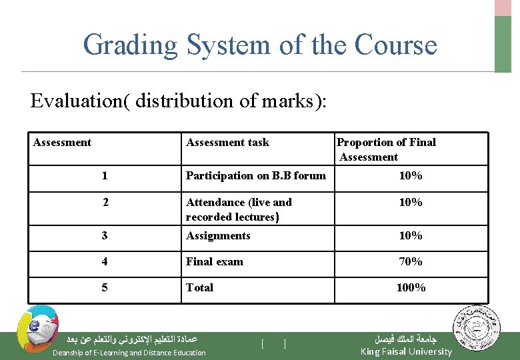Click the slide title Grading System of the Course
point(260,45)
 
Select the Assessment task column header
point(227,142)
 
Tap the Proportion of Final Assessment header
point(386,149)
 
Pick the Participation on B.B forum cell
point(255,176)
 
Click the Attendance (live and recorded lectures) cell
point(239,209)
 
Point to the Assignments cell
point(218,235)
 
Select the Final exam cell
point(214,261)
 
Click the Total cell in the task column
point(199,287)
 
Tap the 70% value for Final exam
point(410,261)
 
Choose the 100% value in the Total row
point(411,287)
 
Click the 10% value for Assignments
point(410,235)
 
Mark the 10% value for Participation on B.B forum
point(410,176)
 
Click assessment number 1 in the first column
point(105,176)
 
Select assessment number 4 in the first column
point(105,261)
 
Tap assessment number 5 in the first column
point(105,287)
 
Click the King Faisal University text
point(405,351)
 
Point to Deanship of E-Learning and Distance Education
point(129,353)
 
